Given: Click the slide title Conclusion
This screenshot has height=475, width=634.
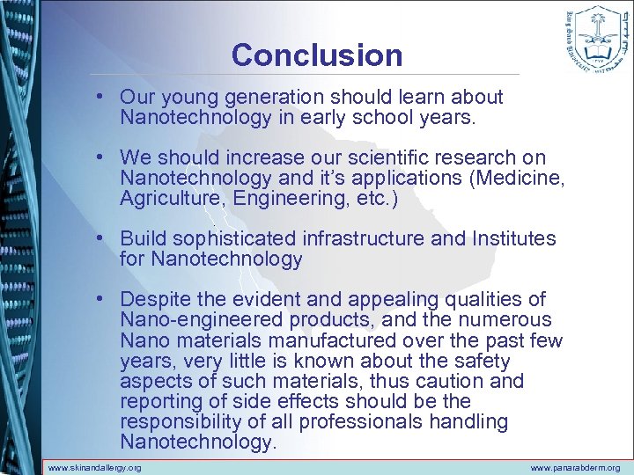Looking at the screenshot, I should [316, 55].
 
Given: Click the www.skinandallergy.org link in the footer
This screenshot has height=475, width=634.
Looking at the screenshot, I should [94, 467].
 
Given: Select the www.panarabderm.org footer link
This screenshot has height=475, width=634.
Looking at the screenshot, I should [575, 467].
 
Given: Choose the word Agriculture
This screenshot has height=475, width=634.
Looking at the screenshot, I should [173, 199].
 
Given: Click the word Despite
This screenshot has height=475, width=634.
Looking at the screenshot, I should [154, 300].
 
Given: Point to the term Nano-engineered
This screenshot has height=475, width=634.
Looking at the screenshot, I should [196, 320].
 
